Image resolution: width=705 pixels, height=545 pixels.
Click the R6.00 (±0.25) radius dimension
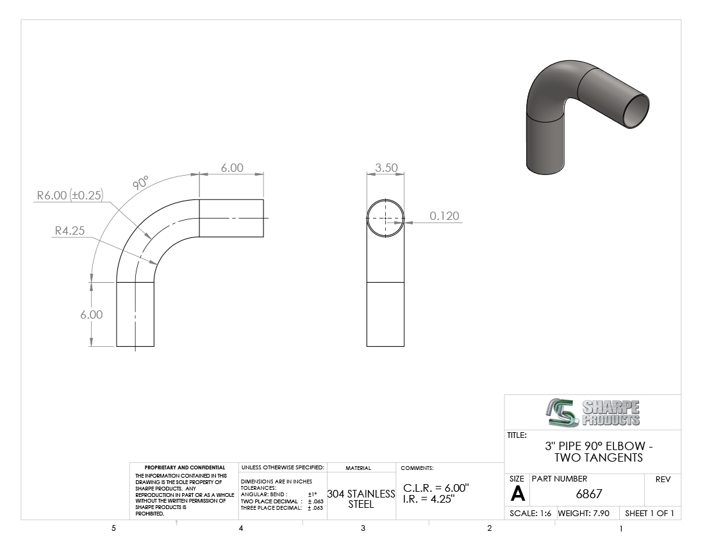pos(70,195)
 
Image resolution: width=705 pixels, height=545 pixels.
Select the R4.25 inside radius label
pos(70,231)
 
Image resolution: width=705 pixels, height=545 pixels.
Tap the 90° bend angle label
pos(141,183)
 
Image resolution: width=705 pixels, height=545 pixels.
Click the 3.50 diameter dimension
pos(386,168)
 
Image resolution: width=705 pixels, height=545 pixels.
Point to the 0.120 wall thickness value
pos(444,216)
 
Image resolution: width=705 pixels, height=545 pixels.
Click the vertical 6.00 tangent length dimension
pos(91,315)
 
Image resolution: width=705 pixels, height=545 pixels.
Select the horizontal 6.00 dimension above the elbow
pos(232,168)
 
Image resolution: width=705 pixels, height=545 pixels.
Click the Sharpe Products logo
pos(593,412)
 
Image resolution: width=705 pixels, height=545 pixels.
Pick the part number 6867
pos(589,494)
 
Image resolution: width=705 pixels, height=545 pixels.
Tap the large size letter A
pos(517,494)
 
